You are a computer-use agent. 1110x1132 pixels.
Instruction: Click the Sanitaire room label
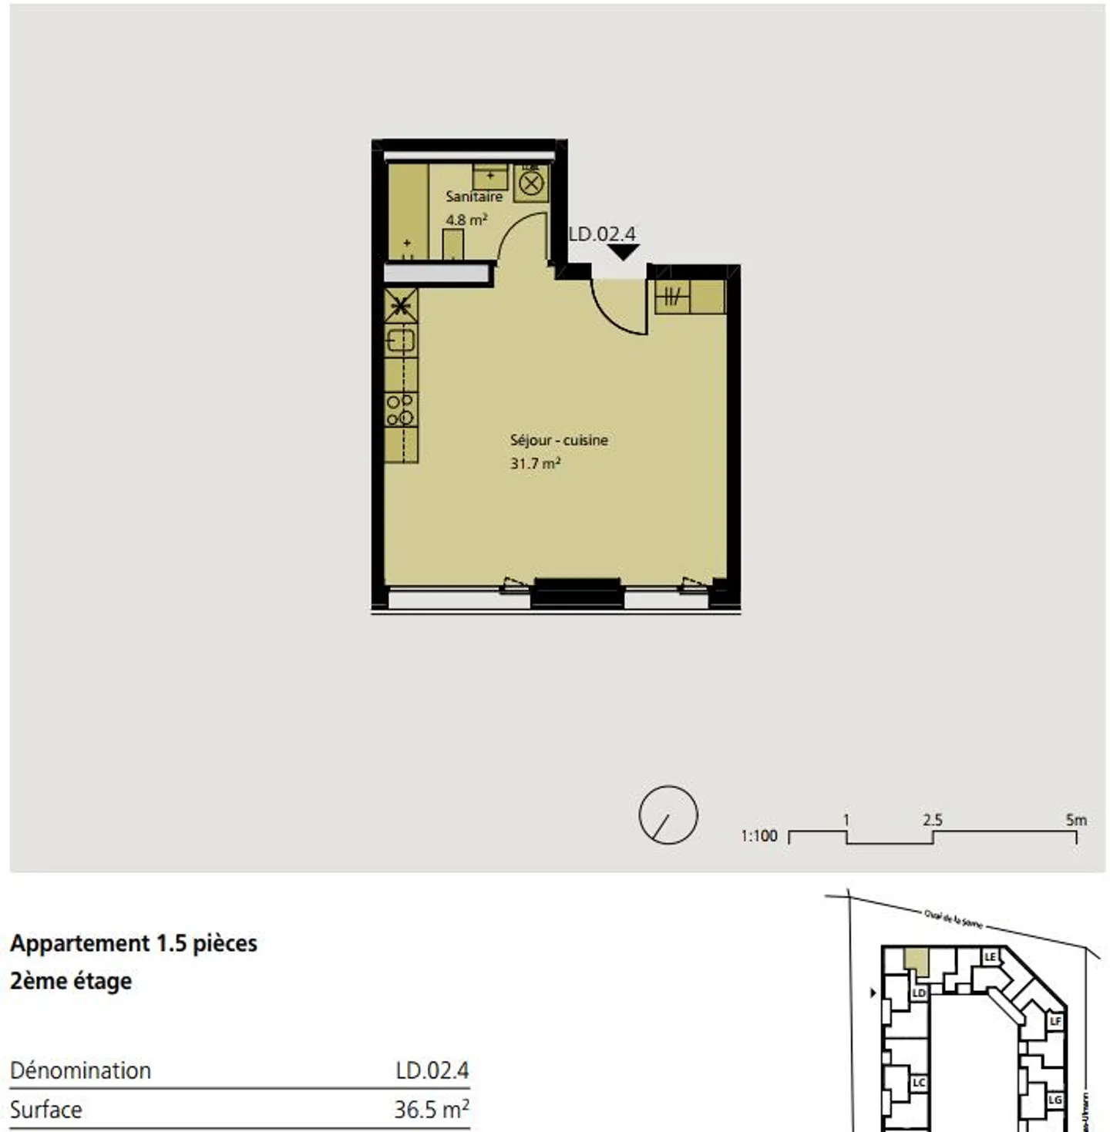473,197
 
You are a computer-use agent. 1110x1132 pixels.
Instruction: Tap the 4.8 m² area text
466,220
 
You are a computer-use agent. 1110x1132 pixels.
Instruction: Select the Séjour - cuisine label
559,440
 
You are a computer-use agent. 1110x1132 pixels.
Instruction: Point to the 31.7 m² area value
535,464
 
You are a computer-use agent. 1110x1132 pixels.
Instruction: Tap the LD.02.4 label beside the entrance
602,233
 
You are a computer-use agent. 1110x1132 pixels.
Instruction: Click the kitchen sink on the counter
400,340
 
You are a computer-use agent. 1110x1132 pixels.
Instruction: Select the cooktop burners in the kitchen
400,410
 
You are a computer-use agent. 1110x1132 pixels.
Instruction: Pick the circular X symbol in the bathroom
531,184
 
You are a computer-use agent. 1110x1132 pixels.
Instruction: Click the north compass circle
668,815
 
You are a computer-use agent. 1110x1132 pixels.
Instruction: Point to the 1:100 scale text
758,836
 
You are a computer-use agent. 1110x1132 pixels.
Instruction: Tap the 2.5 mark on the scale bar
932,820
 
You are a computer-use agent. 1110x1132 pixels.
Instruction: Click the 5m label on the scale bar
1075,820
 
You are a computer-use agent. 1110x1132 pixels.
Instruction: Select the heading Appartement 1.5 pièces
133,943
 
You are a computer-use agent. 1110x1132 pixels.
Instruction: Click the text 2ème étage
71,981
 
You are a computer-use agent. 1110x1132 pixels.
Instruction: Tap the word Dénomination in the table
80,1070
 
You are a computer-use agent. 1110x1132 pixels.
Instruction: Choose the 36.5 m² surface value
431,1110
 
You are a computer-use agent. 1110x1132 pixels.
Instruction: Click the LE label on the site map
991,957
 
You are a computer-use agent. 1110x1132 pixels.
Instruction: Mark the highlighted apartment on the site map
916,960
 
